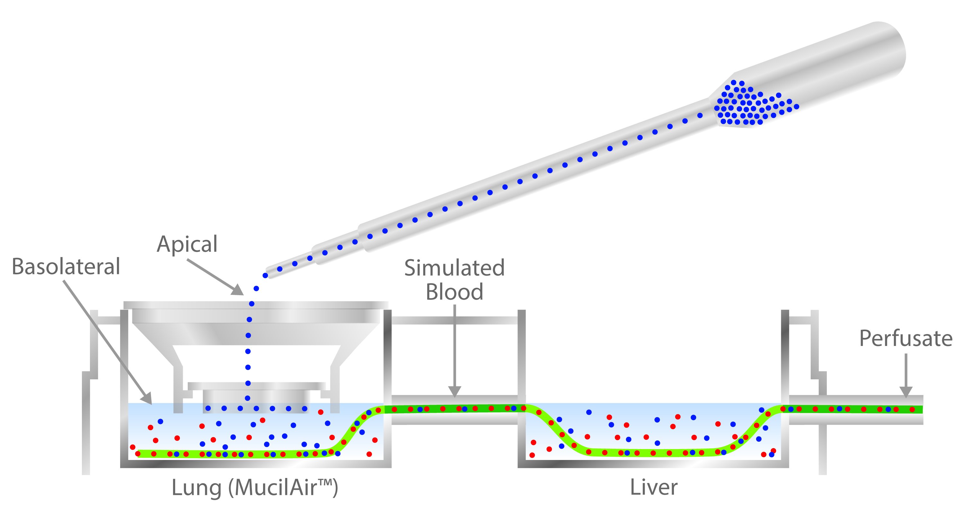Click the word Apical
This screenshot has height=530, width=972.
[187, 244]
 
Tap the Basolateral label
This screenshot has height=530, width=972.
[66, 267]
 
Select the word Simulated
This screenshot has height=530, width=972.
[454, 268]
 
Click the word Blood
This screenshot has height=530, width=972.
[454, 292]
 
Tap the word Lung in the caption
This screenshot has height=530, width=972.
[196, 488]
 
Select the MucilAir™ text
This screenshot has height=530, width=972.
[283, 488]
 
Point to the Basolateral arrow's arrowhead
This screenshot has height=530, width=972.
[147, 399]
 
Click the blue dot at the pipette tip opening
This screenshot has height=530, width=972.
[265, 276]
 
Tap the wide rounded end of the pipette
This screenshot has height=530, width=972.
[890, 49]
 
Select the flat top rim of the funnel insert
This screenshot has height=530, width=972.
[256, 305]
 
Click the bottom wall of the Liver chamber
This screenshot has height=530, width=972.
[653, 464]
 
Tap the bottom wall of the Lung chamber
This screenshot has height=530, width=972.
[256, 464]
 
